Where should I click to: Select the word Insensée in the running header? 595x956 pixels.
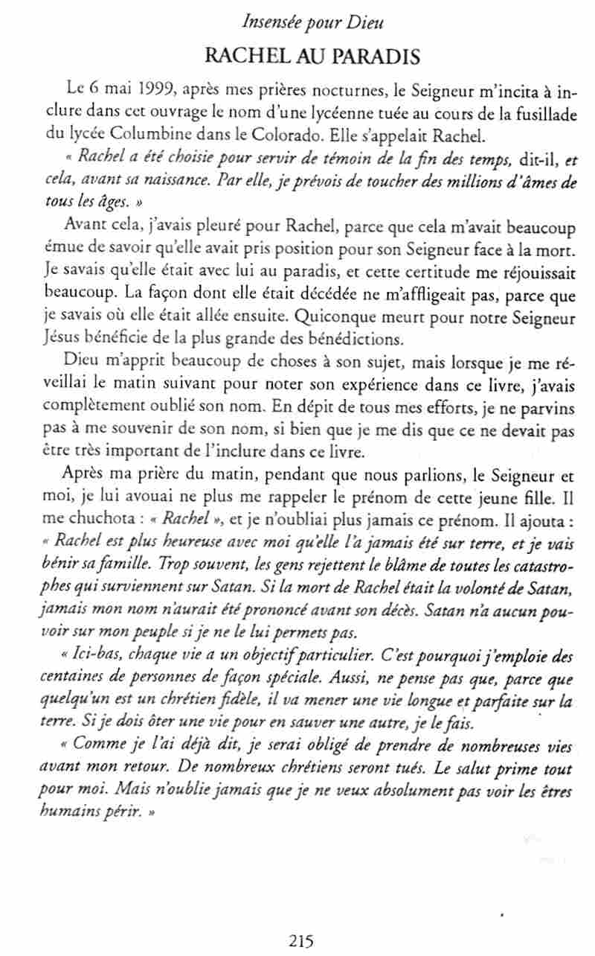tap(271, 23)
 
